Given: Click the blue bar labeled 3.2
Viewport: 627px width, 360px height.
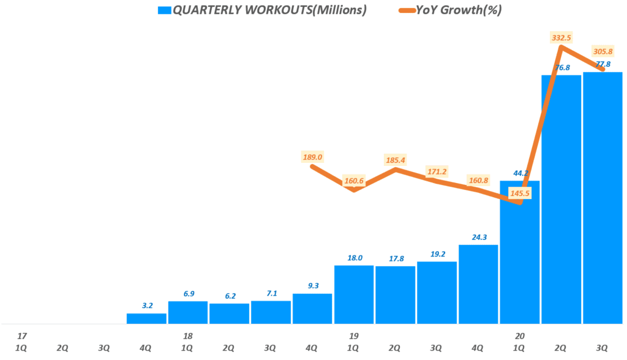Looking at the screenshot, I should [146, 318].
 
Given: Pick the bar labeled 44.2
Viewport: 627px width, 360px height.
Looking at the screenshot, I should [519, 252].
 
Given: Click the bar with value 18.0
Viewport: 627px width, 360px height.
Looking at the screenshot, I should [354, 294].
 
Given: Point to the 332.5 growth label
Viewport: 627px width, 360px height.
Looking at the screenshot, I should [561, 38].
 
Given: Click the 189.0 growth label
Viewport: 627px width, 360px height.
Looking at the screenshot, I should [313, 157].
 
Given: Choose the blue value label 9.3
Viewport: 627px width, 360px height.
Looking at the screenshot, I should [312, 285].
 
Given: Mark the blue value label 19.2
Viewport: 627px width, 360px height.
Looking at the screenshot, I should [437, 253].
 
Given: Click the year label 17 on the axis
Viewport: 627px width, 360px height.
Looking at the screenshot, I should [22, 336].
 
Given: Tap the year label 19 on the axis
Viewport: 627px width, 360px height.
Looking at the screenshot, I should [354, 336].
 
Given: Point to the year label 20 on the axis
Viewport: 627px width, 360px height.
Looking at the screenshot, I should [520, 336].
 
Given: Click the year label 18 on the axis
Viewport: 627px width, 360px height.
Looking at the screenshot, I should [188, 336].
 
